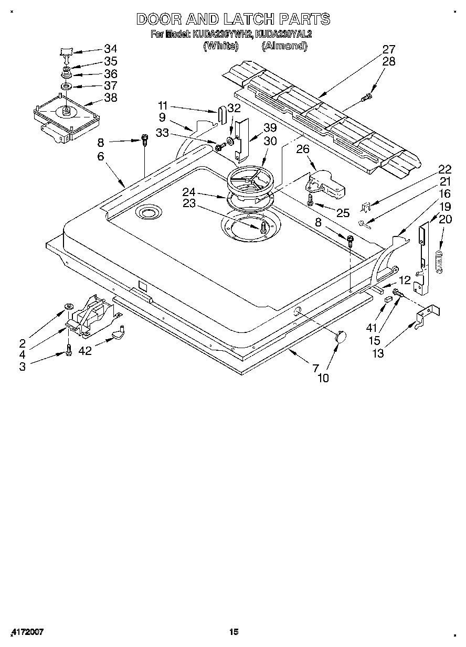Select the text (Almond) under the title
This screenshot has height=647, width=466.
point(284,46)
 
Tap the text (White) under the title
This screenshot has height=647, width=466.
point(221,46)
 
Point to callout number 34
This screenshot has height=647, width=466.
point(110,49)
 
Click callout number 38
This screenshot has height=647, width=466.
point(110,98)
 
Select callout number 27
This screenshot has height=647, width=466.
point(388,49)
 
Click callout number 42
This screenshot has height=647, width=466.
point(84,351)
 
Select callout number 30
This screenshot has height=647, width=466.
point(270,141)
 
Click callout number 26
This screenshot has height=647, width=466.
point(303,150)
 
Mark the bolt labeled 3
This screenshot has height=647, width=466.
point(69,350)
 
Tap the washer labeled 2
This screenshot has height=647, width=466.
point(69,306)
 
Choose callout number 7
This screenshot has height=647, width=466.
point(315,367)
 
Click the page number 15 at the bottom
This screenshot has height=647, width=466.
point(234,632)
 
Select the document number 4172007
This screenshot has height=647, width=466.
point(26,632)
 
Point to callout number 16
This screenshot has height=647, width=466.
point(444,194)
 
